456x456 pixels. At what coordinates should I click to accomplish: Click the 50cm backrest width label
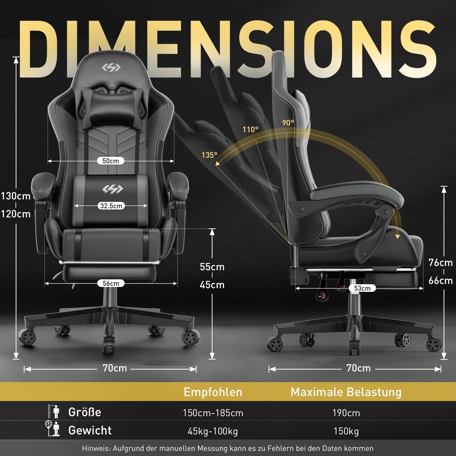(111, 161)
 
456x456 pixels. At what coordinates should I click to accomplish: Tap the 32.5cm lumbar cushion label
(111, 206)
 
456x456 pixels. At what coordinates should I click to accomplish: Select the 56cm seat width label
(111, 283)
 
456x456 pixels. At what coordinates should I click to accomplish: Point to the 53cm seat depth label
(362, 288)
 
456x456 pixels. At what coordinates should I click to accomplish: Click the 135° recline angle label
(209, 155)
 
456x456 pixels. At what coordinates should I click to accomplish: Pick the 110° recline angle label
(250, 130)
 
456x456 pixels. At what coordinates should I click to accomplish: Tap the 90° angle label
(288, 123)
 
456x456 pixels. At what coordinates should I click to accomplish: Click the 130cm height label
(16, 196)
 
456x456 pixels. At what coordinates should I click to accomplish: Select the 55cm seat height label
(212, 267)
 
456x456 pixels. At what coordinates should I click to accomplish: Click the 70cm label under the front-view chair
(115, 368)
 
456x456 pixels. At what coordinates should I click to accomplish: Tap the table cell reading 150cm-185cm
(213, 413)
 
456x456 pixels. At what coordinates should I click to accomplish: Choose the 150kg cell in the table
(346, 431)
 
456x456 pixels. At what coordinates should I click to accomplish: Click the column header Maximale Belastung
(346, 392)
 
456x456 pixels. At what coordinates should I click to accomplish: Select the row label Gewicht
(90, 430)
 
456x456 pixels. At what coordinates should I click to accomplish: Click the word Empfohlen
(213, 392)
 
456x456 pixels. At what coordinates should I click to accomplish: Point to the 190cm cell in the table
(346, 413)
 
